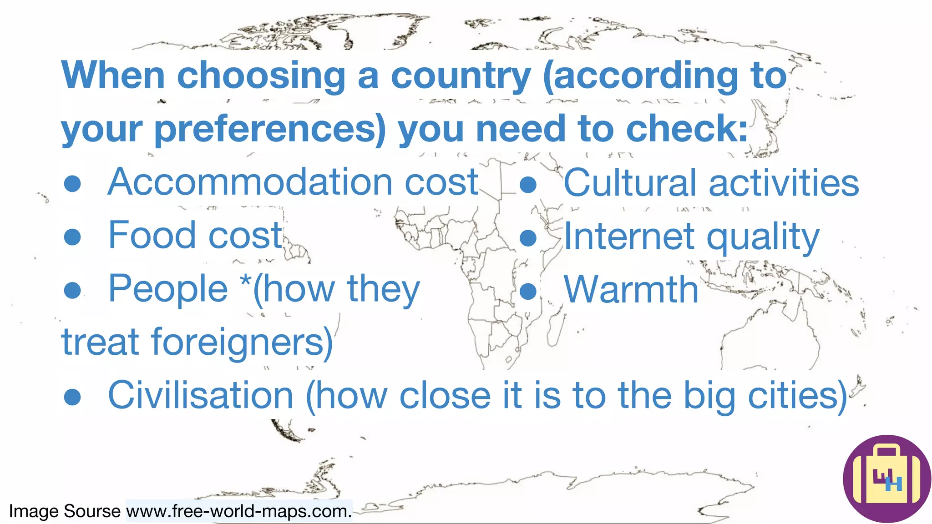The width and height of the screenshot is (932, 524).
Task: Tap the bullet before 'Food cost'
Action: click(x=72, y=237)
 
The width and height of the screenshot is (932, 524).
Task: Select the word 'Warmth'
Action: click(x=631, y=289)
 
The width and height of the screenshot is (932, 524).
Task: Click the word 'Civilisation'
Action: click(x=201, y=395)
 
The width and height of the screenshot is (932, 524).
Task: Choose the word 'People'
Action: click(x=168, y=289)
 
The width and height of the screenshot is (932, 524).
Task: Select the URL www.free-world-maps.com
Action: click(x=238, y=511)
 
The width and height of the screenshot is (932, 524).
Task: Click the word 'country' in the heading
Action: click(x=461, y=76)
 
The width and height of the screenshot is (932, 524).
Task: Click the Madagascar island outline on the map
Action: click(x=555, y=329)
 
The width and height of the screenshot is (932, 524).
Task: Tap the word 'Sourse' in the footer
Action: click(x=92, y=511)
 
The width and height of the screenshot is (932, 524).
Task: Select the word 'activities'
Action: click(x=784, y=183)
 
